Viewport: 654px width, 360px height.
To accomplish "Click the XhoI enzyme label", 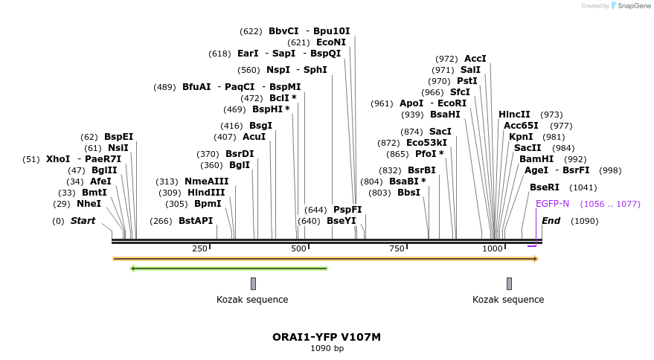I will click(58, 159).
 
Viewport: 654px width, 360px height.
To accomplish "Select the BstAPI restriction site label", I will click(196, 221).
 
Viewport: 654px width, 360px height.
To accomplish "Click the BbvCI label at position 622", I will click(283, 31).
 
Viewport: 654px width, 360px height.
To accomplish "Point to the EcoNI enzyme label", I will click(331, 42).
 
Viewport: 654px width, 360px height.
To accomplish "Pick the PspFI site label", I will click(347, 210).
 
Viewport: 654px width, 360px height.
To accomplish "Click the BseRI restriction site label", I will click(544, 187).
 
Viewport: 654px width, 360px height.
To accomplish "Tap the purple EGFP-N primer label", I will click(552, 204).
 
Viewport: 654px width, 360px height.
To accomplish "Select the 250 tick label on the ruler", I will click(199, 248).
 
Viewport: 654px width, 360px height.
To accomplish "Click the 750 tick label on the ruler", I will click(397, 248).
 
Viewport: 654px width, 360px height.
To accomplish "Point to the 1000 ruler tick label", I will click(493, 248).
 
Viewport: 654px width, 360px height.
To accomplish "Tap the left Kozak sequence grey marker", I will click(253, 283).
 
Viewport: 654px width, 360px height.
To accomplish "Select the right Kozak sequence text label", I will click(508, 300).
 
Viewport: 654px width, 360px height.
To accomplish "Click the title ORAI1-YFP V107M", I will click(327, 337).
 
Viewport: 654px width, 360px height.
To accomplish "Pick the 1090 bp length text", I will click(327, 348).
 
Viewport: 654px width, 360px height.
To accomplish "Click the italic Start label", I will click(83, 221).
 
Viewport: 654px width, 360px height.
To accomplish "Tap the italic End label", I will click(551, 221).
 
